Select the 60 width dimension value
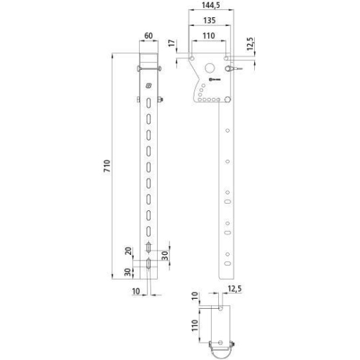[x=148, y=35]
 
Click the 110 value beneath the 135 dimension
[x=209, y=35]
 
